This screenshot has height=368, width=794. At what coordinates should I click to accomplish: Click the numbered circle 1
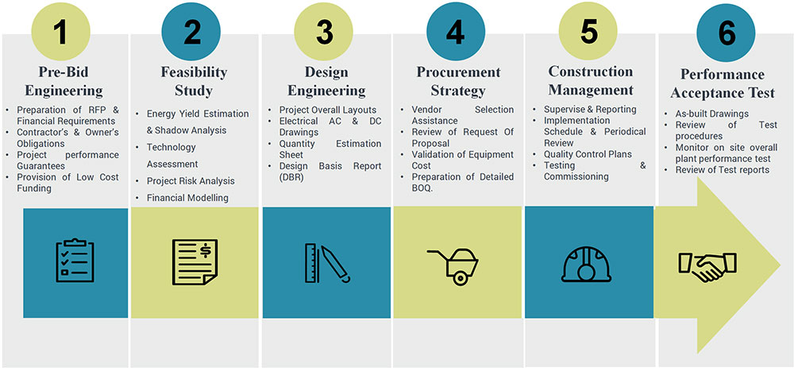61,32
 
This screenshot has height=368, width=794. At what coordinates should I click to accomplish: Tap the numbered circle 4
457,32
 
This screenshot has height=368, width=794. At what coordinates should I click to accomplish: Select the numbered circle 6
726,33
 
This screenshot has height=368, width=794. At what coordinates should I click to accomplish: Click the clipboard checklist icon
75,260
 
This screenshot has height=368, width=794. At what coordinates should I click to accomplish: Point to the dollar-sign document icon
195,261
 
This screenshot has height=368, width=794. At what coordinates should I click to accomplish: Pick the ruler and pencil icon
326,262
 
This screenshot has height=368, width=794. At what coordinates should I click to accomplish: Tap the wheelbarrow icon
453,265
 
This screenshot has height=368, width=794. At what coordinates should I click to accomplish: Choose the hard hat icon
587,264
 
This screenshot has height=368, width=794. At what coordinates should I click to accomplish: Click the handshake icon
707,266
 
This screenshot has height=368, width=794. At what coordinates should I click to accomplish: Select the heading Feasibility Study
194,81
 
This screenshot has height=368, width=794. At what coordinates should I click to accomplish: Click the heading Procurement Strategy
458,81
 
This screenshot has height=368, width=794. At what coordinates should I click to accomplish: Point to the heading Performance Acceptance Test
727,83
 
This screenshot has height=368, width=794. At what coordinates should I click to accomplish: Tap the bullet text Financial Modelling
187,198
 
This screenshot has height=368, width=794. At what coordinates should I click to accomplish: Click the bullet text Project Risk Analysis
191,181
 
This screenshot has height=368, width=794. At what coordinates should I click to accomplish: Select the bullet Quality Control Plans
588,154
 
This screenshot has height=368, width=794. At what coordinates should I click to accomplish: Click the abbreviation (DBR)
291,177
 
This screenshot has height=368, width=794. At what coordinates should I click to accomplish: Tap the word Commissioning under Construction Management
576,176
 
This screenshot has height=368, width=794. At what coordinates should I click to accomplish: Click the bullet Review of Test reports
723,170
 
